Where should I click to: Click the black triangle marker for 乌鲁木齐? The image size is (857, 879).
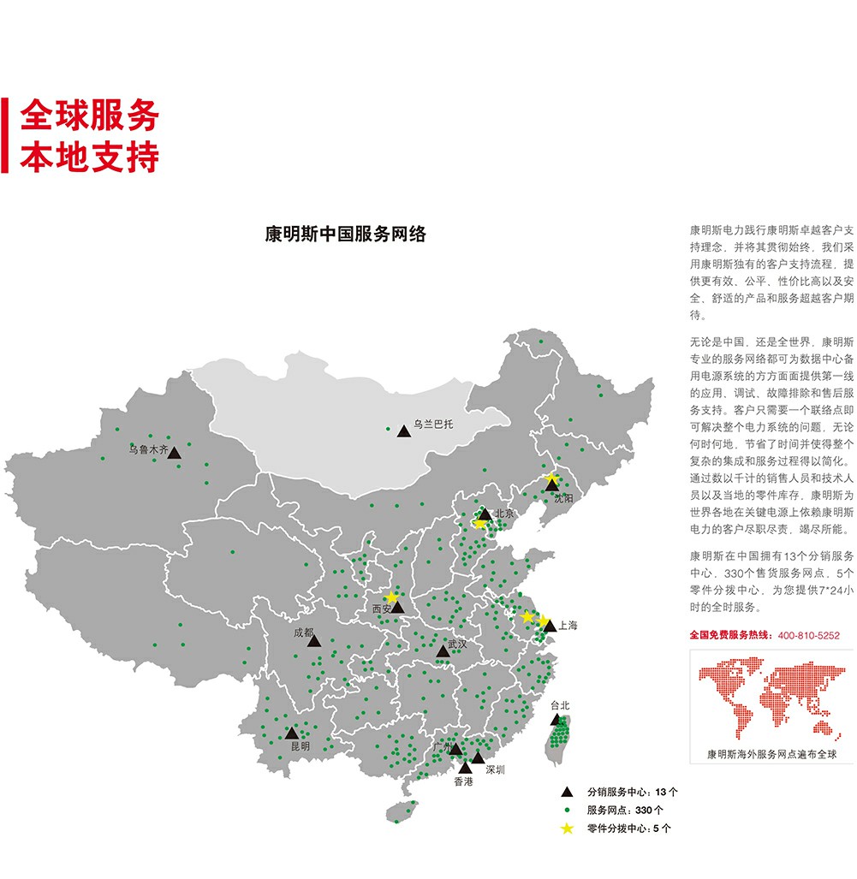pos(174,453)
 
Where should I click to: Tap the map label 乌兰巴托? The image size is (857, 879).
pos(431,423)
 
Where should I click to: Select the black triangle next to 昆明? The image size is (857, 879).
pos(292,733)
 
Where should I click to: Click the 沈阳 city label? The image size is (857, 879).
pos(562,498)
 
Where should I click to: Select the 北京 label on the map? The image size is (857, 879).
pos(503,514)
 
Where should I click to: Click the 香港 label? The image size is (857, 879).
pos(463,781)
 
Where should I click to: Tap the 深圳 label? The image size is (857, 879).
pos(495,769)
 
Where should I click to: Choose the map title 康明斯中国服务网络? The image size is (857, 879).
pos(346,235)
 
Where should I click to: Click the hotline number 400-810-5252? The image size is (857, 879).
pos(808,636)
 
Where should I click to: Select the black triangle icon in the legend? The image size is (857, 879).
pos(566,792)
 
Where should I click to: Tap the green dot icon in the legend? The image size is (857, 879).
pos(566,810)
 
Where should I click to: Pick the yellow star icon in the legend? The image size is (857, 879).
pos(566,828)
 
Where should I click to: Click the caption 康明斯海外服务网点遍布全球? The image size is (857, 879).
pos(771,754)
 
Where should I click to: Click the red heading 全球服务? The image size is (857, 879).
pos(89,116)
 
